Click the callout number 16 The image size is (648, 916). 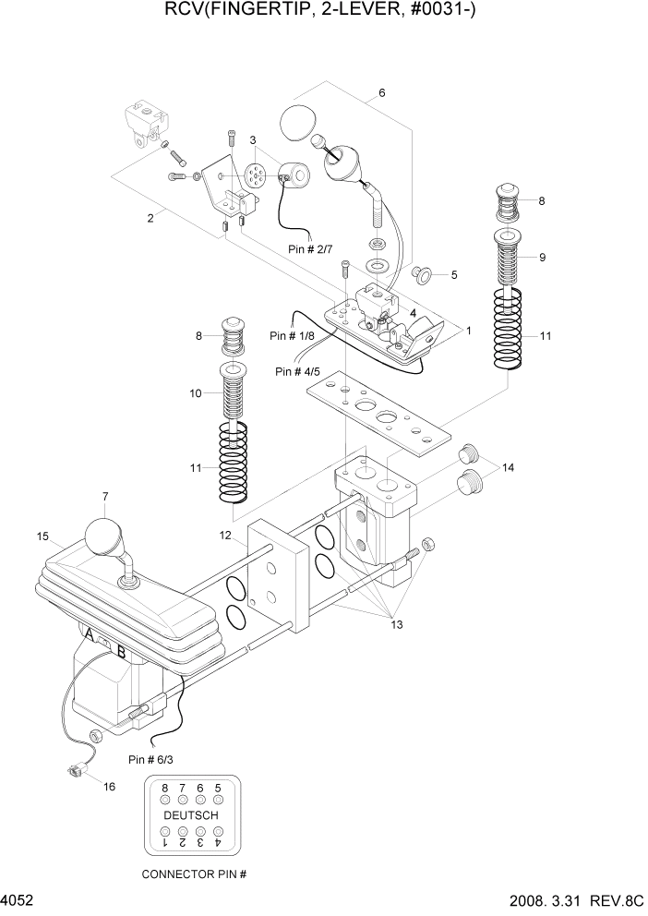pyautogui.click(x=110, y=788)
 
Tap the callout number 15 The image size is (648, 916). pyautogui.click(x=42, y=536)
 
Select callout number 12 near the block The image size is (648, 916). pyautogui.click(x=225, y=536)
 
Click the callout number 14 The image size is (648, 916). pyautogui.click(x=508, y=468)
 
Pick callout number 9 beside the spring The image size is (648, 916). pyautogui.click(x=542, y=258)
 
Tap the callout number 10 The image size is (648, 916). pyautogui.click(x=196, y=393)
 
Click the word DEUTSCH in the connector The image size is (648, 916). pyautogui.click(x=191, y=816)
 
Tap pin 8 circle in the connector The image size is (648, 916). pyautogui.click(x=165, y=798)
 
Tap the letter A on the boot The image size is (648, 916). pyautogui.click(x=89, y=636)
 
